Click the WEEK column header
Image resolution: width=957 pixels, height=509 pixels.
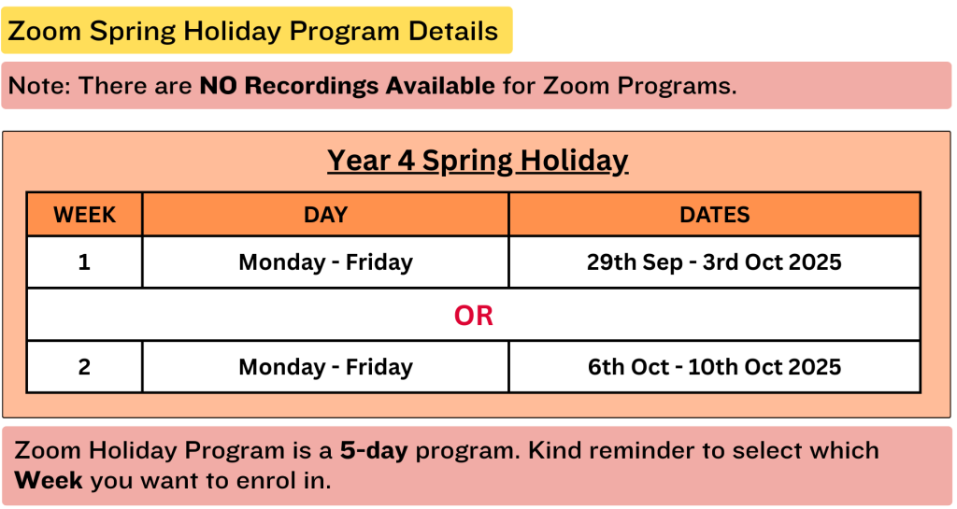[x=84, y=215]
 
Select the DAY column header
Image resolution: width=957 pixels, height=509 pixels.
[x=326, y=215]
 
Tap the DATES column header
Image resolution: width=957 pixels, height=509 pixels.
[x=715, y=215]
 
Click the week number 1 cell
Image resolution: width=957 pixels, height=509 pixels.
[x=84, y=262]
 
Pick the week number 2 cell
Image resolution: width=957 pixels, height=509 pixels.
[x=84, y=367]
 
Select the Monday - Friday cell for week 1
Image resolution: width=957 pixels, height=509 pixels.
[x=326, y=262]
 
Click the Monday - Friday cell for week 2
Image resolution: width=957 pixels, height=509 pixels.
[x=326, y=367]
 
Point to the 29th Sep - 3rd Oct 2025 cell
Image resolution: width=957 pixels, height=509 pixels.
[x=714, y=262]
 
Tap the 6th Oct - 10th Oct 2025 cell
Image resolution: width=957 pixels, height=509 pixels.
[x=714, y=367]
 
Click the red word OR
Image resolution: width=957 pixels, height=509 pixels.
[x=474, y=315]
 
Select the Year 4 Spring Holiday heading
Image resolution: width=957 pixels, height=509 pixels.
[x=478, y=161]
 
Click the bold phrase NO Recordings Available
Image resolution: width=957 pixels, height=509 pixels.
[x=348, y=86]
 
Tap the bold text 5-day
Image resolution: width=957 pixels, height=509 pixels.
[x=374, y=451]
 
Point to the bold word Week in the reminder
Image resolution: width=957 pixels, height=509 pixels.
[x=49, y=480]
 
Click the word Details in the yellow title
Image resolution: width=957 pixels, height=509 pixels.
[x=453, y=31]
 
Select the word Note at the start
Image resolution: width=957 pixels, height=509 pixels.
[x=39, y=86]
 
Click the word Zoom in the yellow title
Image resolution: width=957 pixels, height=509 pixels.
[x=45, y=31]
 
